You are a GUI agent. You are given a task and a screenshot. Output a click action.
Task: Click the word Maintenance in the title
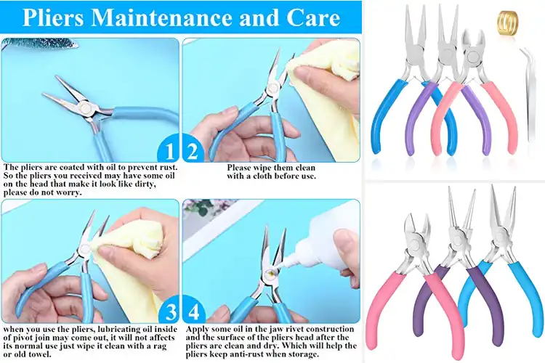point(166,18)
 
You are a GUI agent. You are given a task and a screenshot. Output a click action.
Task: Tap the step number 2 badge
point(193,151)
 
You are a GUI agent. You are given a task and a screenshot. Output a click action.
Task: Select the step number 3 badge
point(169,313)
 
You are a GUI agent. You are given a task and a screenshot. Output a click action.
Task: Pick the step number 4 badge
point(193,313)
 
